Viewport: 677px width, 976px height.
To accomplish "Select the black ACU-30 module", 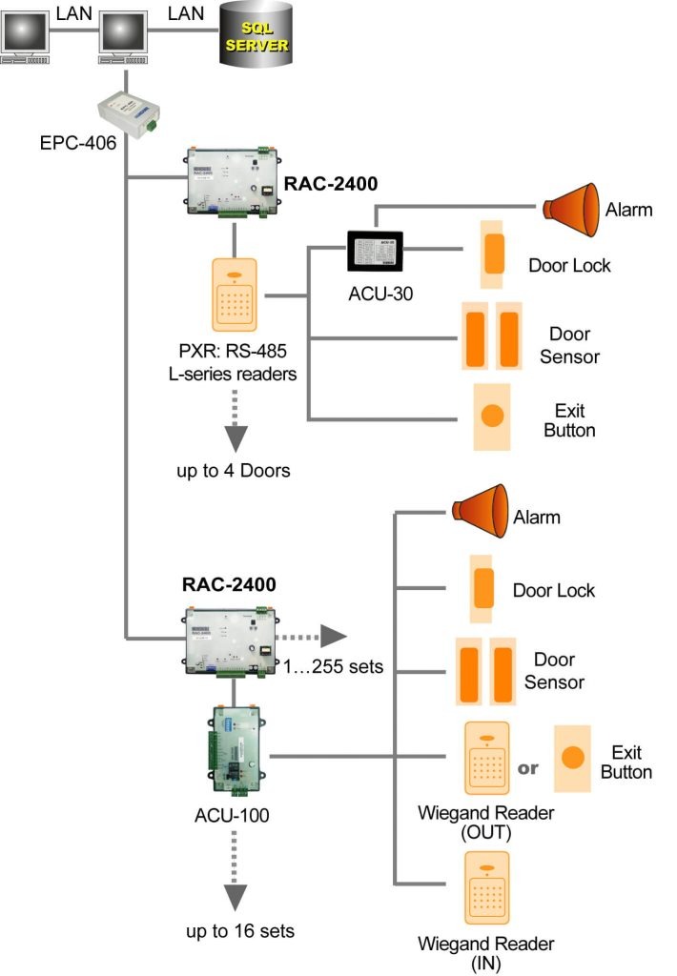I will [374, 253].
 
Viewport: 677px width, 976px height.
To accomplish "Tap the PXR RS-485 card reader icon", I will [235, 296].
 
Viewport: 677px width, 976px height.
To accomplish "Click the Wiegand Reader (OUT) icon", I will [486, 759].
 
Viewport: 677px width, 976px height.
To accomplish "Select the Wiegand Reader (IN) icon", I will [486, 889].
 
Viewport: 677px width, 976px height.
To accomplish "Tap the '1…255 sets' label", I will [334, 666].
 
